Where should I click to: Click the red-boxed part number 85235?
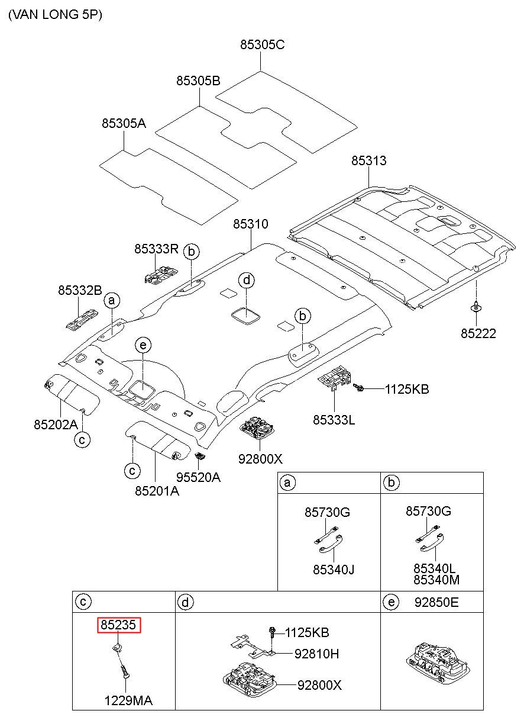point(119,625)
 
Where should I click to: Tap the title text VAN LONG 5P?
point(56,15)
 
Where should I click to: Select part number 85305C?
point(262,44)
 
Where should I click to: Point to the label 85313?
point(368,160)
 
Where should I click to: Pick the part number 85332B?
point(80,290)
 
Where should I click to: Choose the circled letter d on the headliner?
point(247,281)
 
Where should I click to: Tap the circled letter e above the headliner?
point(143,345)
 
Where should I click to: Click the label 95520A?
point(198,477)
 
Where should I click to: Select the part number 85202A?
point(56,425)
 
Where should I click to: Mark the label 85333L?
point(334,420)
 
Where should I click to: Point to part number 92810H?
point(316,654)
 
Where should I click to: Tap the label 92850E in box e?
point(436,602)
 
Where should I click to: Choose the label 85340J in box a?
point(334,570)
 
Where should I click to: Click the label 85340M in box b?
point(436,580)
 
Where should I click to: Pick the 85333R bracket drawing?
point(161,275)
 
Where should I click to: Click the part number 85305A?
point(124,123)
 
